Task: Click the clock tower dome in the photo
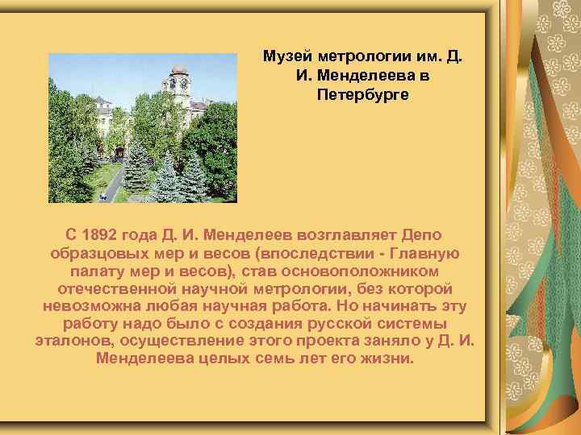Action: [178, 71]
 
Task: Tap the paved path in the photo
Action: [112, 181]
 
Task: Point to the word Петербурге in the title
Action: [363, 94]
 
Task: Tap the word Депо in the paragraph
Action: [420, 235]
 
